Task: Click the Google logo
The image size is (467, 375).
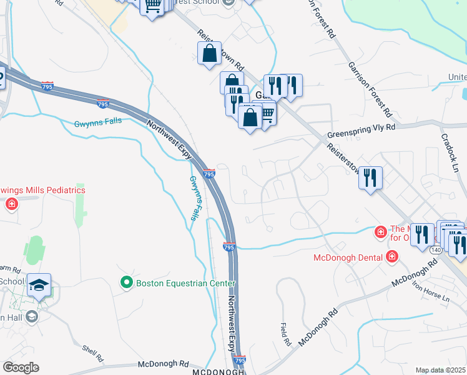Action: pos(21,367)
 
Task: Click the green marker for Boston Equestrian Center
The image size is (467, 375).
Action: pos(127,284)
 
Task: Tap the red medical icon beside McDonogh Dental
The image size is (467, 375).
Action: pos(391,256)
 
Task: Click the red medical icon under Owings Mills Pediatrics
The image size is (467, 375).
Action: pos(11,204)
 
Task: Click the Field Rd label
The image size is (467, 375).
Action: pos(285,335)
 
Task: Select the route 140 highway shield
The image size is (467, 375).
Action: pos(436,250)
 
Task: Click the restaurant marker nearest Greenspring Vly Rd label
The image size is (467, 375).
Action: pos(370,178)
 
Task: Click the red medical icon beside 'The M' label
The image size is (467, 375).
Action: pos(380,232)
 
